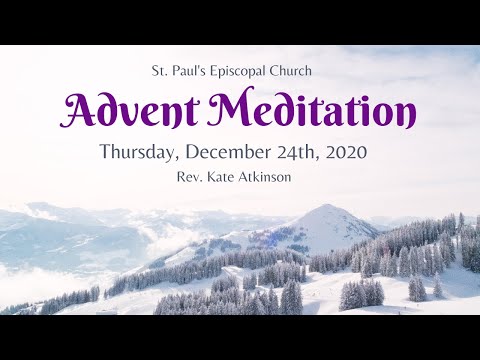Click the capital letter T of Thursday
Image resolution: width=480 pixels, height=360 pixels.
point(105,153)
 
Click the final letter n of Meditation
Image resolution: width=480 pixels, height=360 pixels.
point(406,117)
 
